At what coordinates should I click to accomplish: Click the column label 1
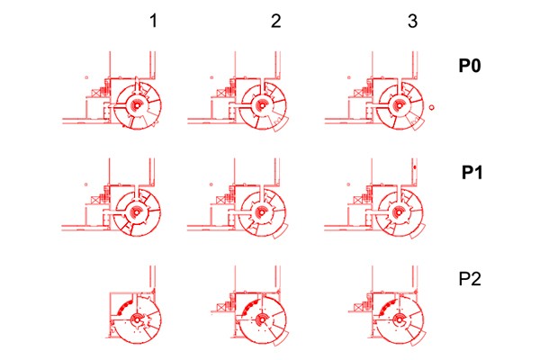154,21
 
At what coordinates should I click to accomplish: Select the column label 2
276,21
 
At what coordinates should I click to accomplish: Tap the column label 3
412,21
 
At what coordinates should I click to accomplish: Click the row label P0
470,65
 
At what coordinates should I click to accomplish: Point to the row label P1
472,172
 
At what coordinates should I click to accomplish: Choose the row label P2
470,279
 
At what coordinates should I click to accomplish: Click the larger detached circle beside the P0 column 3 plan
431,107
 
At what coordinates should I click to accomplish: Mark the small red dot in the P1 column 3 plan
415,167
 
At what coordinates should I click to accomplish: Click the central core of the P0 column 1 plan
137,106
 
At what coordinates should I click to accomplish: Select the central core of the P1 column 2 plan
261,212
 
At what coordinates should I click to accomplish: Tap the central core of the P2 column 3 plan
399,319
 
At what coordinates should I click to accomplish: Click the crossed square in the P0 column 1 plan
95,93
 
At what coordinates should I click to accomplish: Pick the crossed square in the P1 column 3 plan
358,199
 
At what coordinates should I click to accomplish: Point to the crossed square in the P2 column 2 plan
220,306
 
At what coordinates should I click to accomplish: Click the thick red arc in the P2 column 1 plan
124,306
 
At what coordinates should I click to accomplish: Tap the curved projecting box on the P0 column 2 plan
282,125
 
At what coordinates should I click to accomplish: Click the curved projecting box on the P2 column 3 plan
418,338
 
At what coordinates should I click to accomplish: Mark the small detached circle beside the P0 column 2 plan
211,78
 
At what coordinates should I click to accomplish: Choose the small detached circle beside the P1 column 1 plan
86,184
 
